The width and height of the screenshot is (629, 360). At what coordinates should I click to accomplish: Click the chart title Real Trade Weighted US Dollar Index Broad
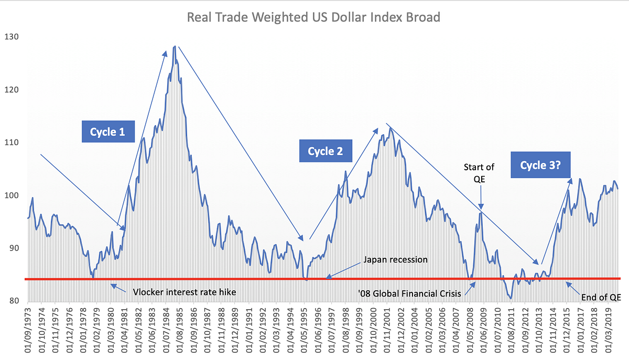click(314, 17)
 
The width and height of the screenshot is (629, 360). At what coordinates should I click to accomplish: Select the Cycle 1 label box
click(107, 132)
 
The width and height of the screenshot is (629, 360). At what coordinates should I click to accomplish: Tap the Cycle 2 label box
click(325, 151)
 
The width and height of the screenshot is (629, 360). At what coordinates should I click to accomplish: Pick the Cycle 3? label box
click(541, 165)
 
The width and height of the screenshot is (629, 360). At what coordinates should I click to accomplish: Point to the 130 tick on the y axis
click(12, 37)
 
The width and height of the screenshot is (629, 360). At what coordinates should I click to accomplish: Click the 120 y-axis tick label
click(12, 90)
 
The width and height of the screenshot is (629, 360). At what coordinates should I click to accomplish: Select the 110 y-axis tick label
click(12, 143)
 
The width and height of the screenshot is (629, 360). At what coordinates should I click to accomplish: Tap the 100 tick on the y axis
click(12, 195)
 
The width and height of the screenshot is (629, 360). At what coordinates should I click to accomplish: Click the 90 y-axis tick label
click(12, 248)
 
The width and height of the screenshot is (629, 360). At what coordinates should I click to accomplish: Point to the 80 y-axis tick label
click(12, 301)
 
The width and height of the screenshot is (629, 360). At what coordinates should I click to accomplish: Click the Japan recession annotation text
click(396, 260)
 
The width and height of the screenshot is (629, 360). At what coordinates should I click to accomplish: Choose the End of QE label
click(601, 297)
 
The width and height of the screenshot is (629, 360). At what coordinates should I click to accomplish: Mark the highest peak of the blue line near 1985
click(175, 46)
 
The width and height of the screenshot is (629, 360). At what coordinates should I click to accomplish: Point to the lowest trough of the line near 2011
click(511, 299)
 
